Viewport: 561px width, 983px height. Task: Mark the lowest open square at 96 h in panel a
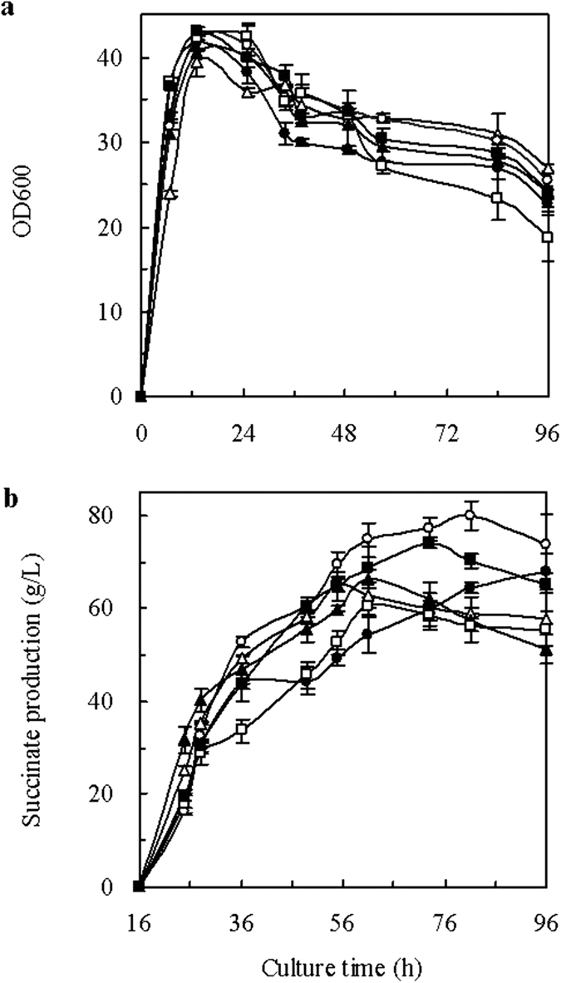(548, 237)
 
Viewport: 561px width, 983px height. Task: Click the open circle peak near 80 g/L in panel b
(470, 515)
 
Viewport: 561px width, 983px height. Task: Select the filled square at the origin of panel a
(140, 397)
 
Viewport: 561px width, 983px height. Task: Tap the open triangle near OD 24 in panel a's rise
(170, 194)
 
